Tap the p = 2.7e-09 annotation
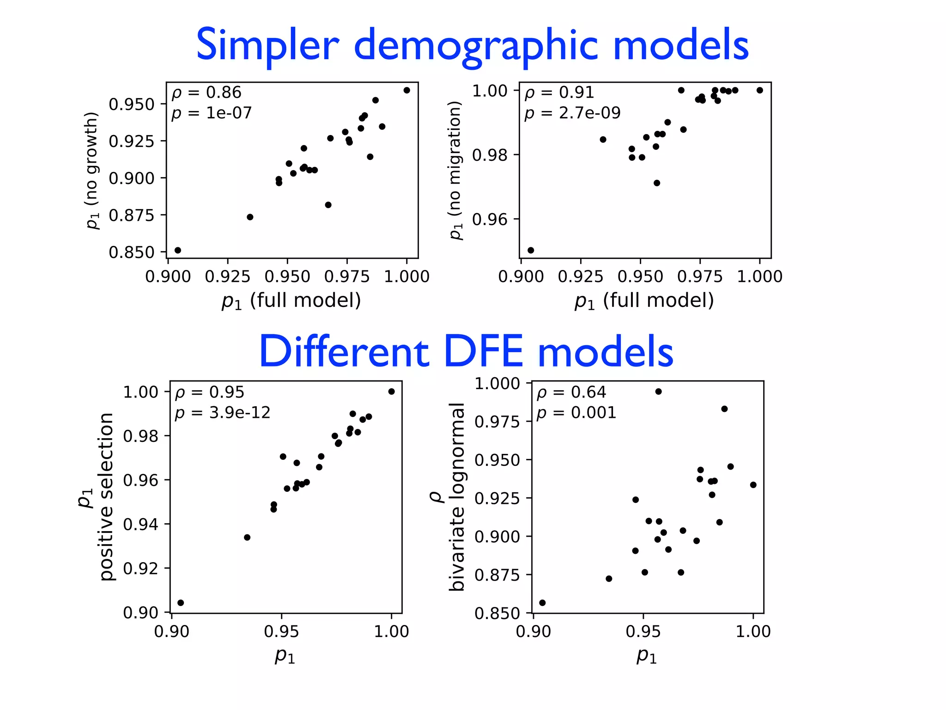point(572,113)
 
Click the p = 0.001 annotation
point(576,412)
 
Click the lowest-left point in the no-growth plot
point(178,250)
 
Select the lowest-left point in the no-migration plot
point(531,250)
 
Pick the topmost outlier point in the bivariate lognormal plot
point(658,392)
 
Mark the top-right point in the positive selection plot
point(391,392)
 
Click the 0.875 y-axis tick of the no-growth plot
point(131,215)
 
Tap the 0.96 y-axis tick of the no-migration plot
point(490,219)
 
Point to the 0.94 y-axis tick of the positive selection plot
point(140,524)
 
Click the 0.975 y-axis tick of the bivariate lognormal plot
point(497,422)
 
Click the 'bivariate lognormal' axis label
point(456,497)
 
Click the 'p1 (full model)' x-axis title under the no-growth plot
point(291,300)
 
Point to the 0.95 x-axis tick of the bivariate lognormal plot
point(643,631)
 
